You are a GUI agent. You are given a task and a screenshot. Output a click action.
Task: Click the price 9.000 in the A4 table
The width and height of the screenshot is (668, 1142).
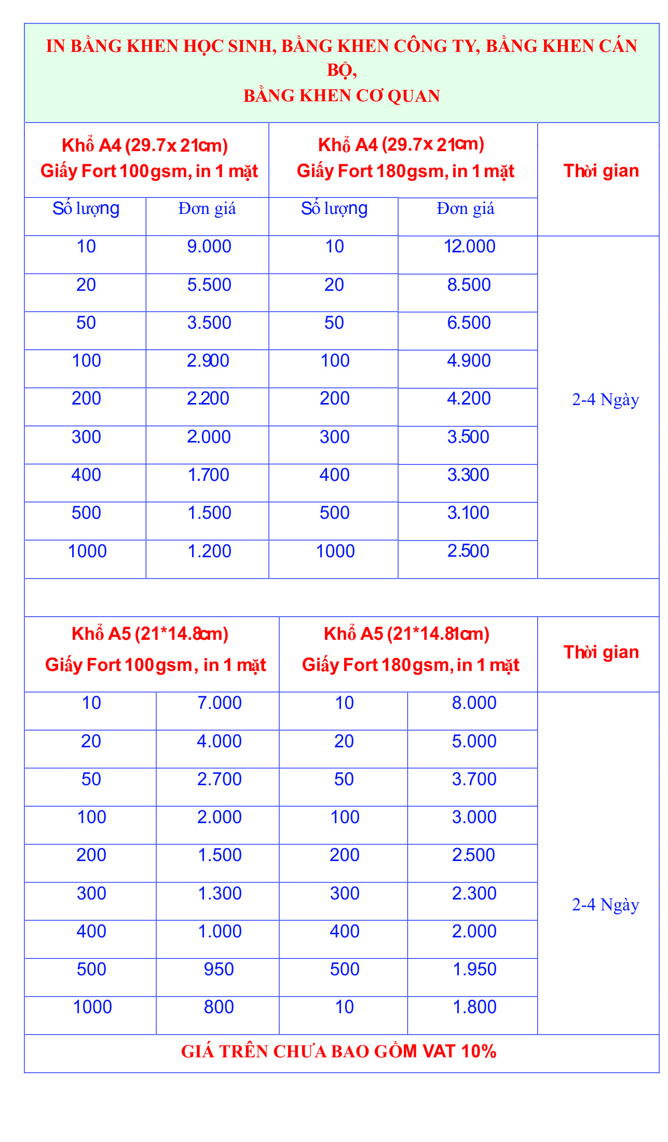point(209,247)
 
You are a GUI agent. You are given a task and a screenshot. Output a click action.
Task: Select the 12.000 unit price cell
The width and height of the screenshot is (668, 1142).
point(469,247)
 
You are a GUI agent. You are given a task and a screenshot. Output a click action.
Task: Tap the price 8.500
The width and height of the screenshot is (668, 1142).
point(469,285)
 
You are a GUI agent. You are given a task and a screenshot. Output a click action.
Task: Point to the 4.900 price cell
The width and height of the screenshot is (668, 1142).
point(469,361)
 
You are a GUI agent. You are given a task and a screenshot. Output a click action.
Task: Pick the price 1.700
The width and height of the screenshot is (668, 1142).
point(209,475)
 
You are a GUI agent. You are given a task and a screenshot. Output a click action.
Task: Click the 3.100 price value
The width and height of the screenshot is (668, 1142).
point(468,513)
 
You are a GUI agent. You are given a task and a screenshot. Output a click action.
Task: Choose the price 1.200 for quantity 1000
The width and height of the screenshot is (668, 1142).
point(209,552)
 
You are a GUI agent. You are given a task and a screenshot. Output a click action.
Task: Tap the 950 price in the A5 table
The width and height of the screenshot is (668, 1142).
point(219,970)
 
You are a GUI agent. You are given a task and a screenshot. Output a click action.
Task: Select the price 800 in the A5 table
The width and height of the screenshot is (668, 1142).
point(219,1007)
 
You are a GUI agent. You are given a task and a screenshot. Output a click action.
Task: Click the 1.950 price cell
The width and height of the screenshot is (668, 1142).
point(474,970)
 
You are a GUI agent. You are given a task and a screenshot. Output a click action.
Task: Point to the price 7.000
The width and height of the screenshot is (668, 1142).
point(220,703)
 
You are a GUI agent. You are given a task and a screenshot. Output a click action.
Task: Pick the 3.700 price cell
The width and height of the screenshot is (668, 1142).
point(474,780)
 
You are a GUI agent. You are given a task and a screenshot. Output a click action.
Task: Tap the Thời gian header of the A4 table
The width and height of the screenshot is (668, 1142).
point(601,171)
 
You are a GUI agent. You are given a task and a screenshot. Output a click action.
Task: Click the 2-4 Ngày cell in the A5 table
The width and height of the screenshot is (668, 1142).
point(605,905)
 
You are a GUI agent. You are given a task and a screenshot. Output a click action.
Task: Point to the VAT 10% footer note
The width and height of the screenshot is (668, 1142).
point(339,1052)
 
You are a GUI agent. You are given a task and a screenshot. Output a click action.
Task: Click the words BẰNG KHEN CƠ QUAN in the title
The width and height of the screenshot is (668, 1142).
point(342,96)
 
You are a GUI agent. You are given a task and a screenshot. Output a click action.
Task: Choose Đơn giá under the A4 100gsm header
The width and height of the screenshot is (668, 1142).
point(207,209)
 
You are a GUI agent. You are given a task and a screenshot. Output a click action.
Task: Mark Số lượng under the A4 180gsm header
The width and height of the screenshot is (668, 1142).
point(334,209)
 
